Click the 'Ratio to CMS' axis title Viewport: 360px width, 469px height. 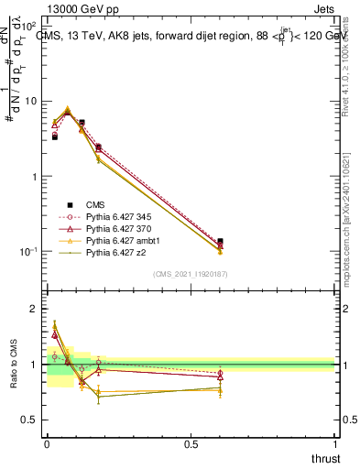[x=14, y=364]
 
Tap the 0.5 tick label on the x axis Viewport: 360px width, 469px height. [x=191, y=442]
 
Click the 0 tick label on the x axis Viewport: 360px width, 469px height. [x=47, y=442]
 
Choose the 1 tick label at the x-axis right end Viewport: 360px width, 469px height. [x=334, y=442]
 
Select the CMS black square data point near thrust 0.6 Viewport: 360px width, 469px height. [x=220, y=241]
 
